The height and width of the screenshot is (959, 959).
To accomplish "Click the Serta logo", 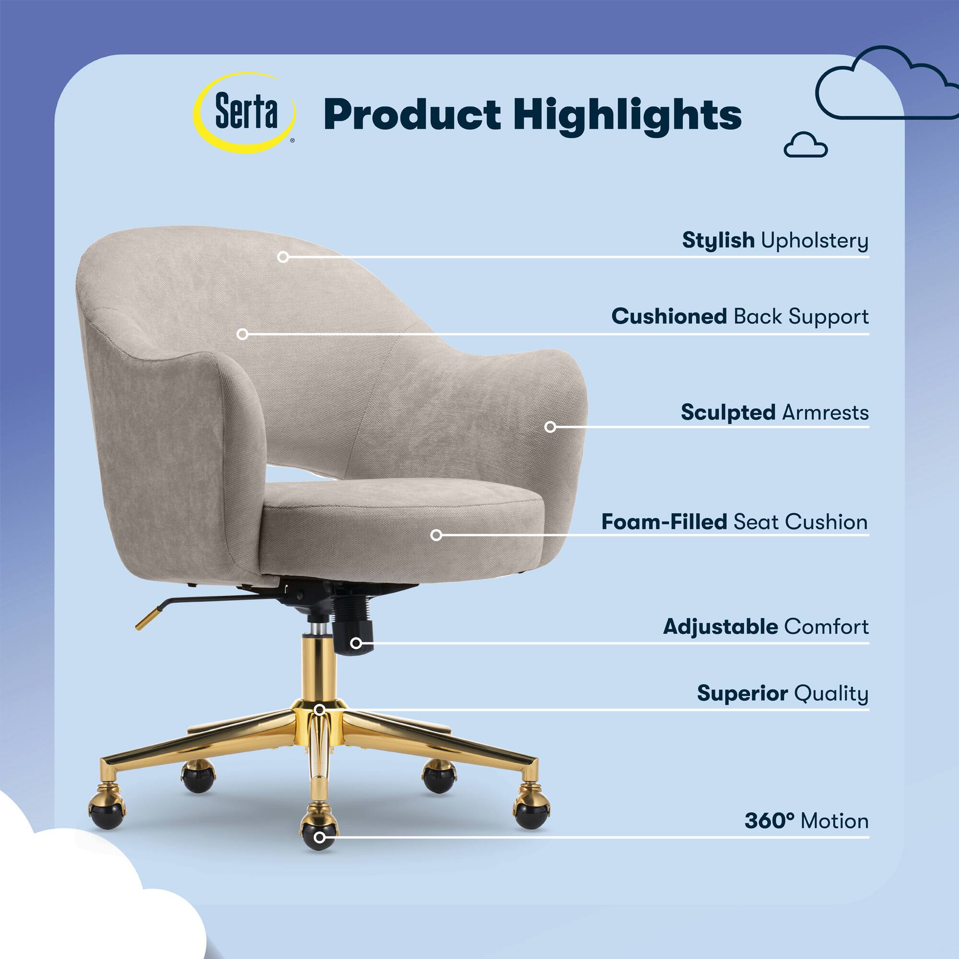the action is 245,113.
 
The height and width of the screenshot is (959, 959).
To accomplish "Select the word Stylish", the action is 718,240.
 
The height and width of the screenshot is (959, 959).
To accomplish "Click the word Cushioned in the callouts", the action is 669,316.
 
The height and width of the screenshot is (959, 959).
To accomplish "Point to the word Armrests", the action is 826,412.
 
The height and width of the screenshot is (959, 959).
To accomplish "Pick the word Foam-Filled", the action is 664,522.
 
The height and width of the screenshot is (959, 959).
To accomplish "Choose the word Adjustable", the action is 720,627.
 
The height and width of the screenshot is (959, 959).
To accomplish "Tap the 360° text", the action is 770,821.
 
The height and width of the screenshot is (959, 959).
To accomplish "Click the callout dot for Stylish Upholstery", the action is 283,257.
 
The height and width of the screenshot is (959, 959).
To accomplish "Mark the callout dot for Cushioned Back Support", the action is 242,334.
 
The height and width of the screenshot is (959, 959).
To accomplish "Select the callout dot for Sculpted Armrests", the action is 550,426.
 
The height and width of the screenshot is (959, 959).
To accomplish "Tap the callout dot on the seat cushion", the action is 436,535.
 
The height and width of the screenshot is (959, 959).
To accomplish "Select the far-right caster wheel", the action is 532,808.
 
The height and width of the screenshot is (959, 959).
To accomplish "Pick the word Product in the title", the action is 412,115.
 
